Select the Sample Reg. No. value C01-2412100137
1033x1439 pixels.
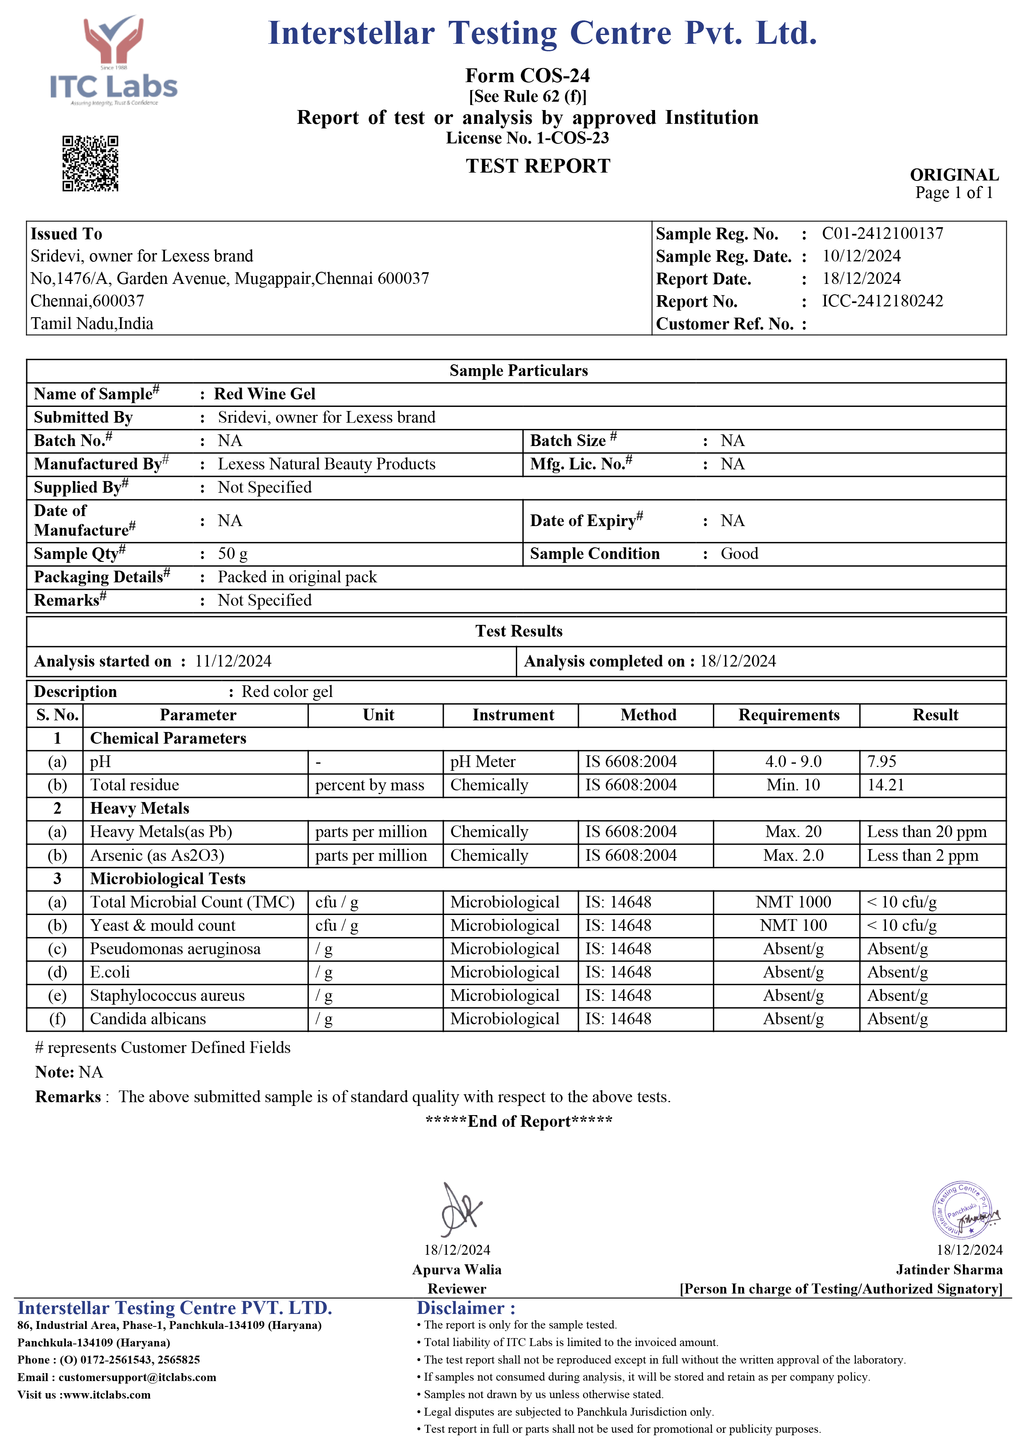(882, 233)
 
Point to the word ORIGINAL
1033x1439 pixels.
(954, 175)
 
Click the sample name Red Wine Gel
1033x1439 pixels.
(265, 394)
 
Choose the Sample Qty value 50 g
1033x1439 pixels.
(233, 554)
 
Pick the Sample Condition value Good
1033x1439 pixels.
(739, 554)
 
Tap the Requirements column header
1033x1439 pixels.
(788, 715)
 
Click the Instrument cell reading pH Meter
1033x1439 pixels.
(483, 761)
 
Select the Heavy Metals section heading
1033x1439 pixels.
(140, 808)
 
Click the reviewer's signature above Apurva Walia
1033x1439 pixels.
(460, 1208)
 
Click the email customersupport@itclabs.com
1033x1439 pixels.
(137, 1377)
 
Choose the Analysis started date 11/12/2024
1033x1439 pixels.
(233, 661)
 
